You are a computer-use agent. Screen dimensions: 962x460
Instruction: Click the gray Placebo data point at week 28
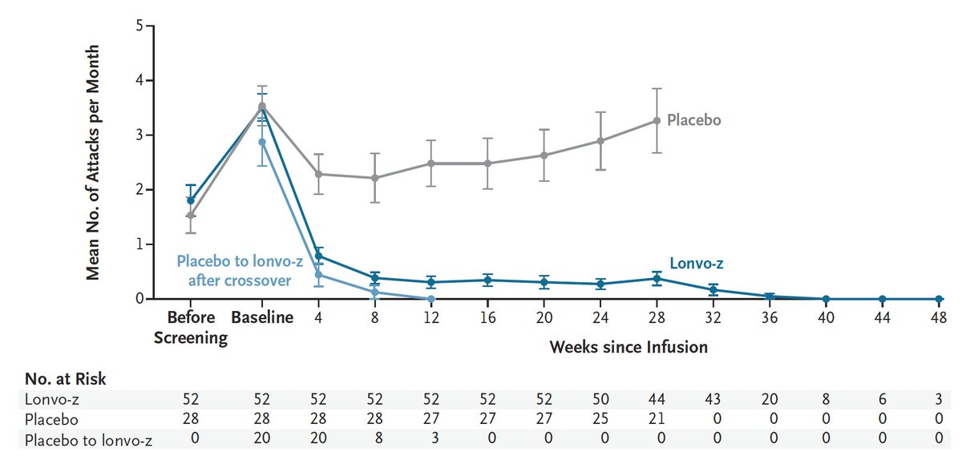tap(657, 121)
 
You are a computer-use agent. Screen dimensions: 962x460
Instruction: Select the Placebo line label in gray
tap(693, 120)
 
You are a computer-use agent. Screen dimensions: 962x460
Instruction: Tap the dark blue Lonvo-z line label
tap(697, 263)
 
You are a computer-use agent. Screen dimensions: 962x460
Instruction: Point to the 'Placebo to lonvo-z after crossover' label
tap(240, 271)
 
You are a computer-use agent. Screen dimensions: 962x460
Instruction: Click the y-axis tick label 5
tap(139, 26)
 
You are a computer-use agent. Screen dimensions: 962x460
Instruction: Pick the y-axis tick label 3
tap(139, 135)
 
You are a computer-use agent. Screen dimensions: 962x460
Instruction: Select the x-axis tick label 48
tap(939, 317)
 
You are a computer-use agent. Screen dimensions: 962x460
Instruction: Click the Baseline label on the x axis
tap(262, 317)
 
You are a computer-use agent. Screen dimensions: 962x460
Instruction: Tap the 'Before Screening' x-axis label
tap(191, 327)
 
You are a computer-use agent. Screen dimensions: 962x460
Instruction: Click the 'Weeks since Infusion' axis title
tap(629, 347)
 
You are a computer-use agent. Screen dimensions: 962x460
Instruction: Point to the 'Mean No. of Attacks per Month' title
tap(93, 163)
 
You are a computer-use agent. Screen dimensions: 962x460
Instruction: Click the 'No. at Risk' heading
tap(65, 378)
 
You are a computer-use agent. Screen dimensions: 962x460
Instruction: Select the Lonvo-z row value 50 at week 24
tap(600, 399)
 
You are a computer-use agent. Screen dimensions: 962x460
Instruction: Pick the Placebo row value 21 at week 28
tap(657, 418)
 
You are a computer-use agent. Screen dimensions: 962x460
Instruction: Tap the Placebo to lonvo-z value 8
tap(374, 438)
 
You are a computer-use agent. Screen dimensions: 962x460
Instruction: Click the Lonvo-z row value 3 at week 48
tap(939, 399)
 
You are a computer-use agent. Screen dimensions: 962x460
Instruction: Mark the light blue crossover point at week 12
tap(431, 299)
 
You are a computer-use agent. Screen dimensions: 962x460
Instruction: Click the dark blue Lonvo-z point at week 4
tap(318, 256)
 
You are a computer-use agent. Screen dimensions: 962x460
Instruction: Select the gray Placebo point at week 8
tap(375, 178)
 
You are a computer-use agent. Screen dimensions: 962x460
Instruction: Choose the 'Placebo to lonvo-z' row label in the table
tap(88, 440)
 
